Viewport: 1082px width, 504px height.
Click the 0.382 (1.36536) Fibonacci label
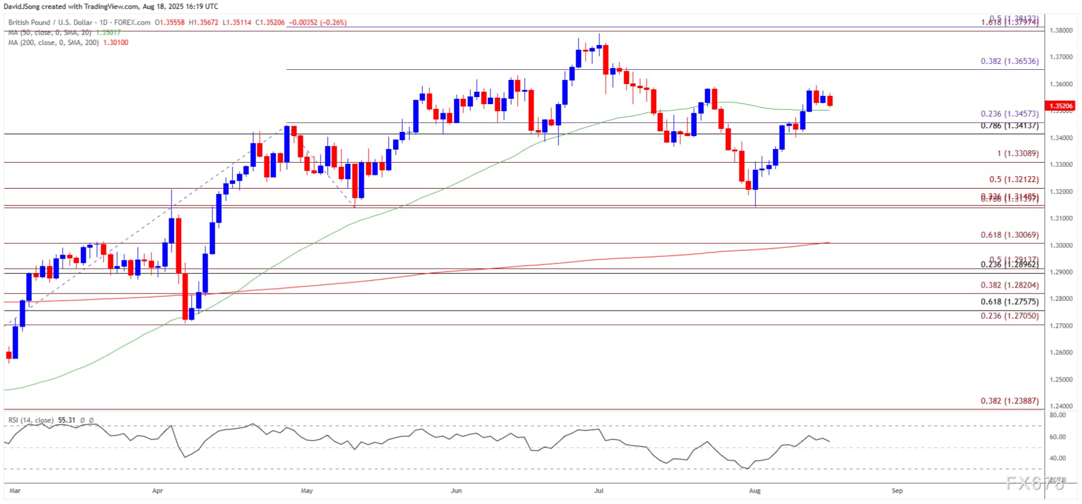click(1009, 61)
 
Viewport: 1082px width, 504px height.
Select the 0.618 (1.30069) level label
click(1009, 235)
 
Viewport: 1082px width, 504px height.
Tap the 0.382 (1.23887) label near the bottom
click(1009, 400)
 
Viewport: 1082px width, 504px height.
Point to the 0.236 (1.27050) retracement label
click(1009, 316)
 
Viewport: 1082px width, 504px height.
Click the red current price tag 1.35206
click(1061, 106)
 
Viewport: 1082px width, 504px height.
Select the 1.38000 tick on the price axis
click(1061, 30)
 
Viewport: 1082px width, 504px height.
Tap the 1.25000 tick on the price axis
click(1061, 379)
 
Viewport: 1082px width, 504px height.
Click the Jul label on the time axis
click(599, 490)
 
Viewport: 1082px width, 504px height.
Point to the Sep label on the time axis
click(897, 490)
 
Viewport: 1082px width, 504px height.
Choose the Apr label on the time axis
click(157, 490)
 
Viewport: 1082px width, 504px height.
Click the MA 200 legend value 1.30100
click(115, 43)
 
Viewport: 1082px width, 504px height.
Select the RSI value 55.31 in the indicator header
click(67, 421)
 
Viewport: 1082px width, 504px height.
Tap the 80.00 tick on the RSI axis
click(1058, 415)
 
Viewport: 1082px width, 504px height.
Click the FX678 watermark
click(1035, 483)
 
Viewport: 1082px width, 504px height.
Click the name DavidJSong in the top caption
click(22, 7)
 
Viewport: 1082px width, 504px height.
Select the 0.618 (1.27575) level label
click(1009, 302)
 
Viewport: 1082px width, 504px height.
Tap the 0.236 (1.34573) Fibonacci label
click(1009, 114)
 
